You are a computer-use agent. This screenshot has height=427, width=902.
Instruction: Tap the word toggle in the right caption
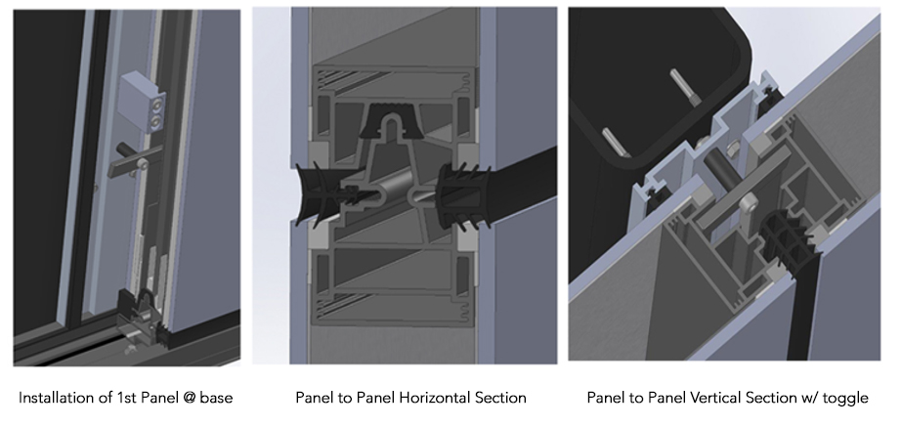[845, 399]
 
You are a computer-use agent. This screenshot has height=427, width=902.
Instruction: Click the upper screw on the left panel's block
[156, 105]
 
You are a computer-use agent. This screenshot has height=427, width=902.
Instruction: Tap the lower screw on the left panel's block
[155, 121]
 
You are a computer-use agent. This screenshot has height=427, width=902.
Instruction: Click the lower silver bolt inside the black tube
[616, 142]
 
